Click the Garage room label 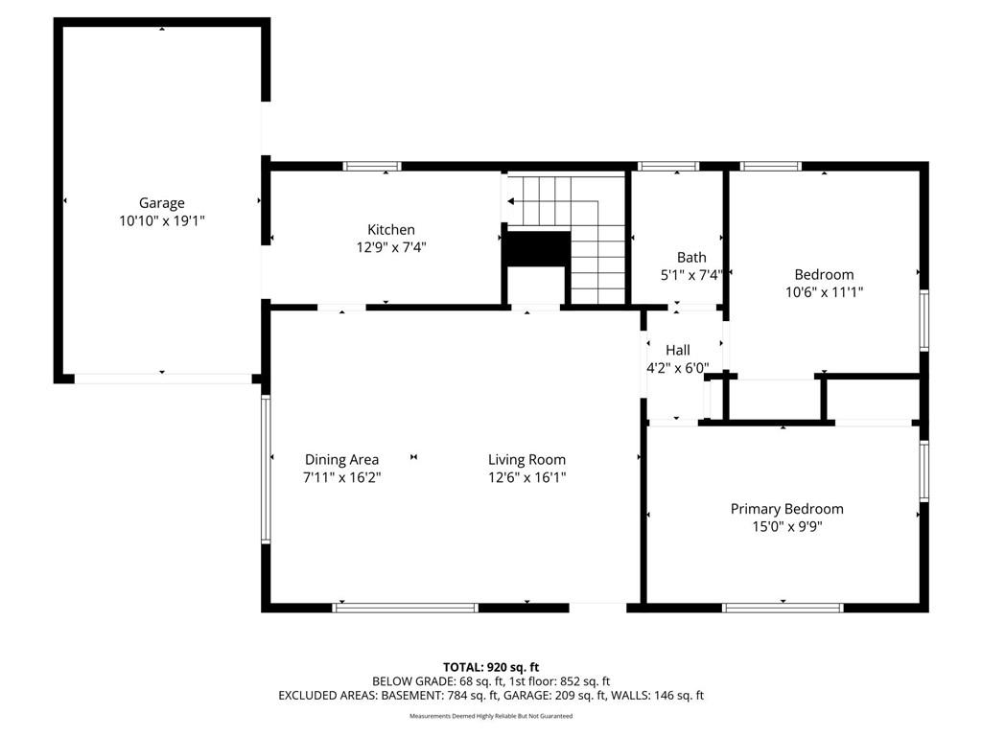(161, 203)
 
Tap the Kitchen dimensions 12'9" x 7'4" (391, 247)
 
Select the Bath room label (691, 257)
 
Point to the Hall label (678, 350)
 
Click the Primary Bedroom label (786, 509)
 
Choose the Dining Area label (342, 460)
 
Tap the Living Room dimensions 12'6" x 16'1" (527, 477)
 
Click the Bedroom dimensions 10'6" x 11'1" (824, 291)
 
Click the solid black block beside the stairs (537, 249)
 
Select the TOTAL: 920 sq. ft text (491, 667)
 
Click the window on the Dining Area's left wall (266, 469)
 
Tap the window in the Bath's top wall (668, 166)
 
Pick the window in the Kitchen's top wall (372, 166)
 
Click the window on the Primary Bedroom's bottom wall (783, 608)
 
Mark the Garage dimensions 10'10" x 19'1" (162, 221)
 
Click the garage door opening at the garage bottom (163, 379)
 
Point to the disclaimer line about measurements (491, 716)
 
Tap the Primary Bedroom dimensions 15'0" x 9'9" (787, 526)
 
